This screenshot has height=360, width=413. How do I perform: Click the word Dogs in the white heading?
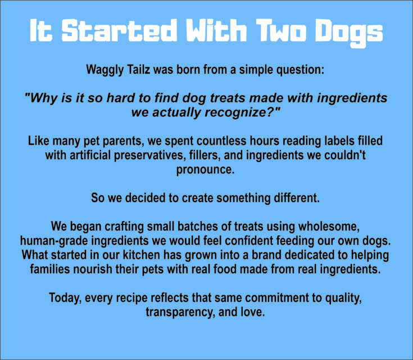pos(350,33)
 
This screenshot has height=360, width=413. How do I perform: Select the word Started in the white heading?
pos(119,30)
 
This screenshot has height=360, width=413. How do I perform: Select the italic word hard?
pos(121,98)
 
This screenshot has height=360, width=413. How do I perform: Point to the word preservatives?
pos(148,155)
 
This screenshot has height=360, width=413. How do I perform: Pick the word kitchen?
pos(142,255)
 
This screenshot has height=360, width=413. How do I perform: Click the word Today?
pos(65,298)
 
